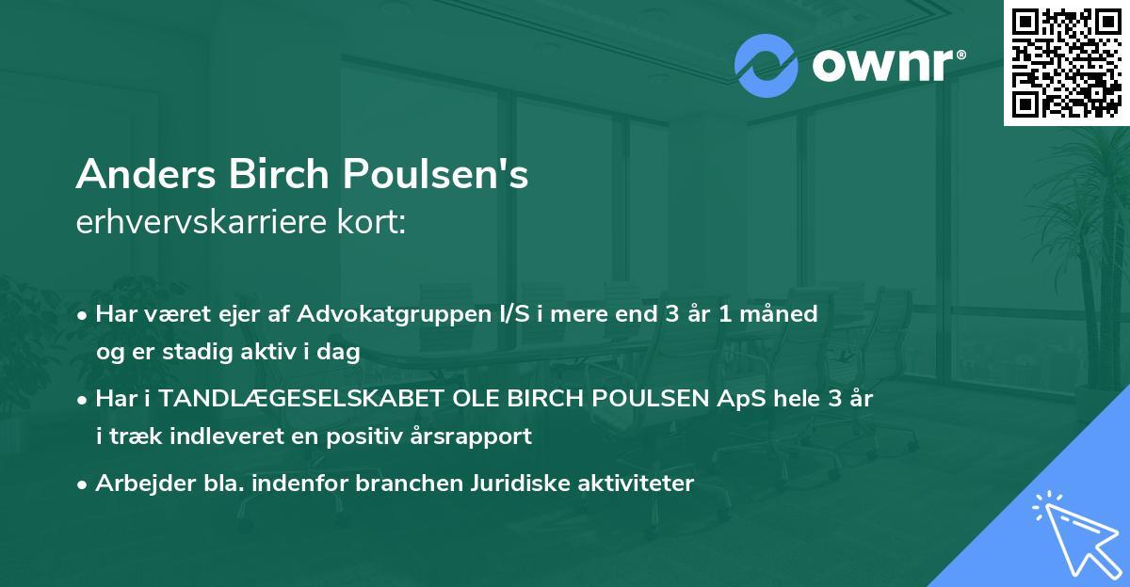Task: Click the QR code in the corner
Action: coord(1066,62)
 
